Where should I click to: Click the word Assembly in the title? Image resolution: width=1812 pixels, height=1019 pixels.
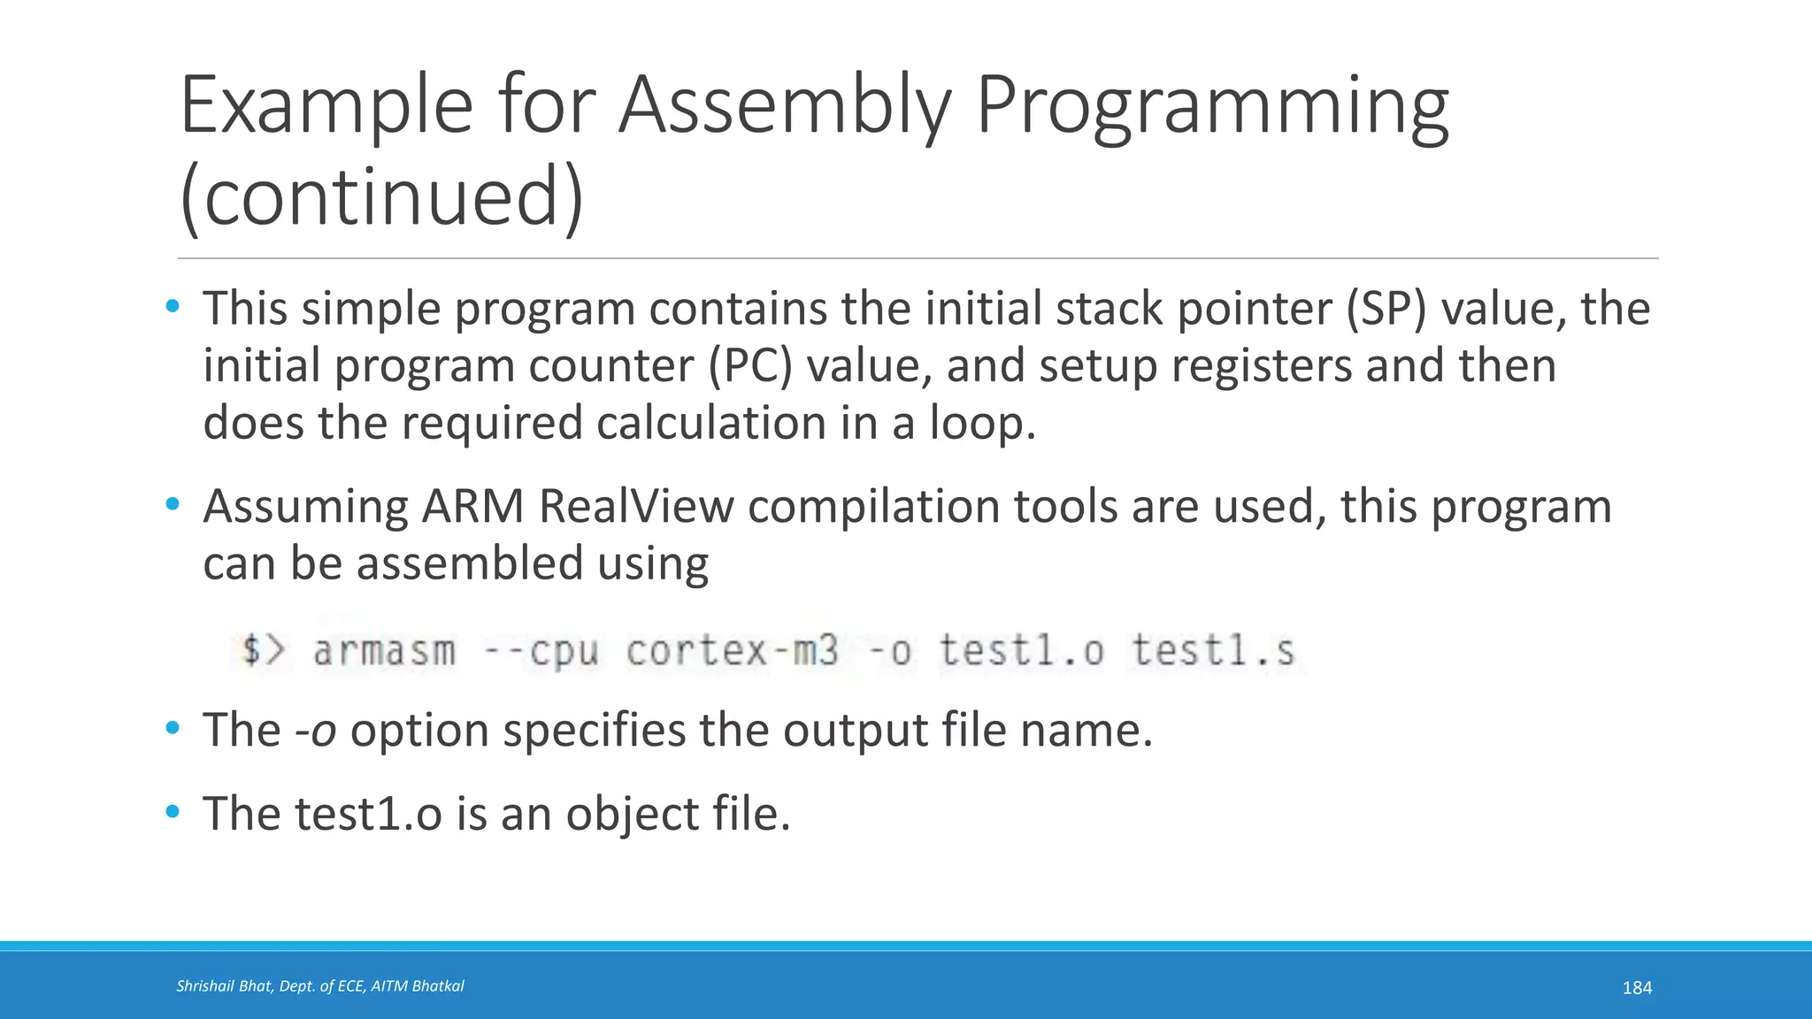coord(782,106)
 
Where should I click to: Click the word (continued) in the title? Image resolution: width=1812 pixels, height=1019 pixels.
coord(381,196)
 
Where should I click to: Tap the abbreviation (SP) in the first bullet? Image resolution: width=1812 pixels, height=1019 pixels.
coord(1386,310)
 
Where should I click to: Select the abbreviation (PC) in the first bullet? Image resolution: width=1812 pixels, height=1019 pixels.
coord(750,366)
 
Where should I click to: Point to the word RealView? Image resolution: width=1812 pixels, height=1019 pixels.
coord(636,507)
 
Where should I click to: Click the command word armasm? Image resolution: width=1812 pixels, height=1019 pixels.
coord(384,652)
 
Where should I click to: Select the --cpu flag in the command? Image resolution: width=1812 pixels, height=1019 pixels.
coord(541,652)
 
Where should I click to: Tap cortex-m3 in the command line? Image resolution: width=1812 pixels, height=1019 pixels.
coord(732,652)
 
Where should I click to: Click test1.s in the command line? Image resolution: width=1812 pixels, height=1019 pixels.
coord(1213,652)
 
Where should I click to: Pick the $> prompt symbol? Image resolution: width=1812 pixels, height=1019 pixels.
coord(264,650)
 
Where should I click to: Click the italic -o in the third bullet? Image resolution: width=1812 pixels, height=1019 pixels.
coord(315,732)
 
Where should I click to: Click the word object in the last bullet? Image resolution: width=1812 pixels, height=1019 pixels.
coord(632,815)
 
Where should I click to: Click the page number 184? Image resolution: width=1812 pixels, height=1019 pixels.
coord(1637,988)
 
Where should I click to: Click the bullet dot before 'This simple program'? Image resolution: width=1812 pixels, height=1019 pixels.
coord(173,307)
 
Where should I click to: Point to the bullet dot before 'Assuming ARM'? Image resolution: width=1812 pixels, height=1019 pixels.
coord(173,504)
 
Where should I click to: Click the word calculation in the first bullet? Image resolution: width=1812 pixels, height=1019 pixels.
coord(711,423)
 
